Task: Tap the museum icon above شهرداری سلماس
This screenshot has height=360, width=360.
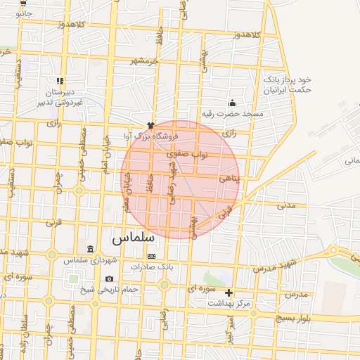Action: [90, 250]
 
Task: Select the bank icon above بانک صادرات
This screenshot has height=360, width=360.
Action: [150, 257]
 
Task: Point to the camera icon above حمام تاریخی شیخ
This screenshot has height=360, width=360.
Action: [109, 279]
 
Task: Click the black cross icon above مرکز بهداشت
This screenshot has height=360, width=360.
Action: [229, 292]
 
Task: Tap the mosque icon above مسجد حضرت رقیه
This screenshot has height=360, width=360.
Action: [232, 103]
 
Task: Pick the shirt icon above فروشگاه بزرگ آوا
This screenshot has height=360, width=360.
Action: [150, 124]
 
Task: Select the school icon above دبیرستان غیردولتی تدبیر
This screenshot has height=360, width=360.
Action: [60, 81]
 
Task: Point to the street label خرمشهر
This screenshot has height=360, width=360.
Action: [143, 61]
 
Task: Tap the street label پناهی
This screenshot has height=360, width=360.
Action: [229, 179]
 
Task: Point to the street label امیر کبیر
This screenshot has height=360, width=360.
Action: [230, 328]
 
